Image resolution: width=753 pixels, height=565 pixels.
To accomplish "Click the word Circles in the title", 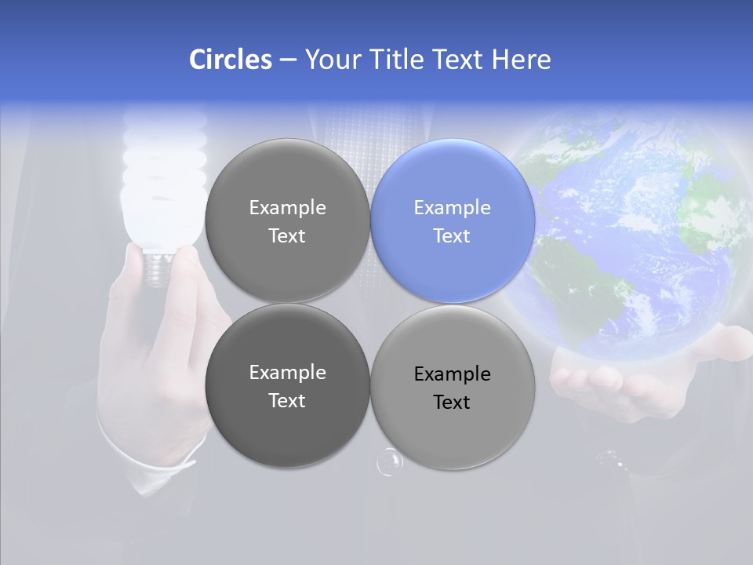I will coord(231,60).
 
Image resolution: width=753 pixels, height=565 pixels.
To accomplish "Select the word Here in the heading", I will coord(521,60).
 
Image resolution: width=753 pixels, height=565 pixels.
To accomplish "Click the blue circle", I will coord(453,221).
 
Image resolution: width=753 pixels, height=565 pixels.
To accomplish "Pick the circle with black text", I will coord(453,387).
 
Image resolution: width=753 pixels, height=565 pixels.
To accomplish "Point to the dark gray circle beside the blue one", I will coord(287,221).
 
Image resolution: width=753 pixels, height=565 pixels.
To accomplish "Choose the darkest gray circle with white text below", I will coord(287,385).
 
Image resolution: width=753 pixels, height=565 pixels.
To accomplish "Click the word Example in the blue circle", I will coord(452,208).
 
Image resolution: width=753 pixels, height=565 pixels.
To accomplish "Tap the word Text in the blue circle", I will coord(452,235).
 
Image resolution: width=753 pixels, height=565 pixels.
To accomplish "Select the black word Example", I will coord(452,374).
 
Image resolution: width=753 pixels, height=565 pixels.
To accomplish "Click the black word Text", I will coord(452,403).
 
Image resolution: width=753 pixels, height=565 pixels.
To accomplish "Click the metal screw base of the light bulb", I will coord(158,268).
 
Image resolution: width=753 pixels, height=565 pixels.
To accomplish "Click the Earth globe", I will coord(627,235).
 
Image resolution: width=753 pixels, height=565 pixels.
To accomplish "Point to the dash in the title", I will coord(288,60).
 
